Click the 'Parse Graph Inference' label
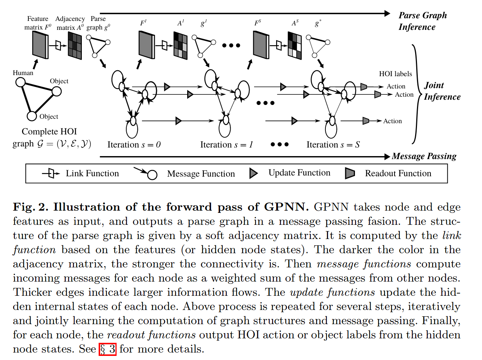tap(422, 21)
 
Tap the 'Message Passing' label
tap(424, 156)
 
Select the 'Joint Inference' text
tap(442, 91)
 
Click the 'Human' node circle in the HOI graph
tap(21, 82)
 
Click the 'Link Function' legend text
tap(92, 173)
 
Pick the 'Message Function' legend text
tap(201, 174)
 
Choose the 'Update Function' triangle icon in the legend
tap(254, 173)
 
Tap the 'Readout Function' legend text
tap(398, 173)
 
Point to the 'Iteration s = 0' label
tap(134, 145)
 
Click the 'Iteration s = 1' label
tap(226, 145)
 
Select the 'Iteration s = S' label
tap(333, 145)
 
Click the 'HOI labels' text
tap(395, 74)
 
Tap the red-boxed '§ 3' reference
tap(108, 349)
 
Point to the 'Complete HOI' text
tap(49, 131)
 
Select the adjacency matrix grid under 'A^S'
tap(294, 46)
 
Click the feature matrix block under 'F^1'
tap(146, 45)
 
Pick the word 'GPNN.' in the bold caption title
tap(287, 207)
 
